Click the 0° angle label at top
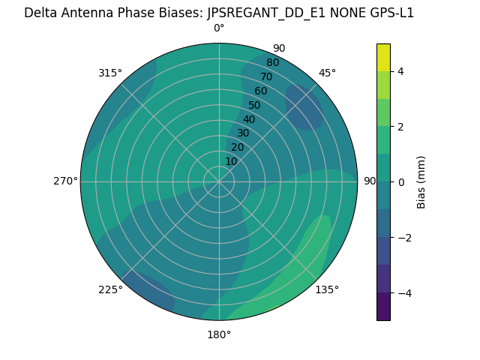pyautogui.click(x=219, y=28)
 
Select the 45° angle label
pyautogui.click(x=327, y=73)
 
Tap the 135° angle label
pyautogui.click(x=327, y=289)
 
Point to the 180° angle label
pyautogui.click(x=219, y=334)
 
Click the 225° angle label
pyautogui.click(x=110, y=289)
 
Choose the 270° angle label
pyautogui.click(x=65, y=181)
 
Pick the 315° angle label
pyautogui.click(x=110, y=73)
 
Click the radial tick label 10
pyautogui.click(x=231, y=161)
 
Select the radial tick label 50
pyautogui.click(x=255, y=106)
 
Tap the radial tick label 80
pyautogui.click(x=272, y=63)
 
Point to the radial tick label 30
pyautogui.click(x=243, y=133)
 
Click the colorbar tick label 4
pyautogui.click(x=401, y=71)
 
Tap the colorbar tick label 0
pyautogui.click(x=401, y=182)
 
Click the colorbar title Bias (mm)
pyautogui.click(x=421, y=182)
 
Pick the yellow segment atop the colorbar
pyautogui.click(x=383, y=57)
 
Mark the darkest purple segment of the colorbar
pyautogui.click(x=383, y=307)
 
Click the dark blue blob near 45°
pyautogui.click(x=304, y=106)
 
